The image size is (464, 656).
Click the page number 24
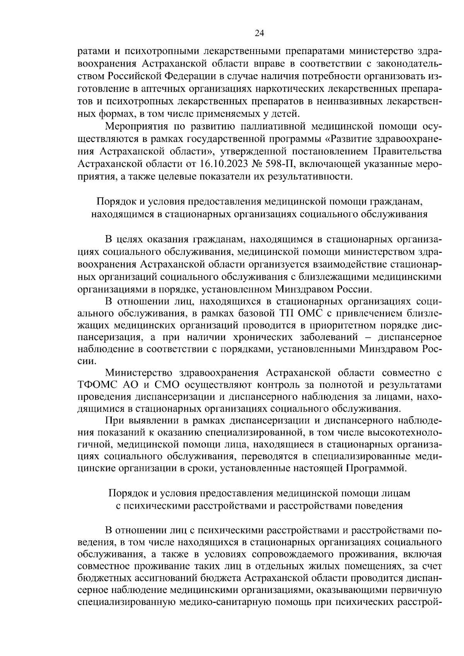pos(259,33)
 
